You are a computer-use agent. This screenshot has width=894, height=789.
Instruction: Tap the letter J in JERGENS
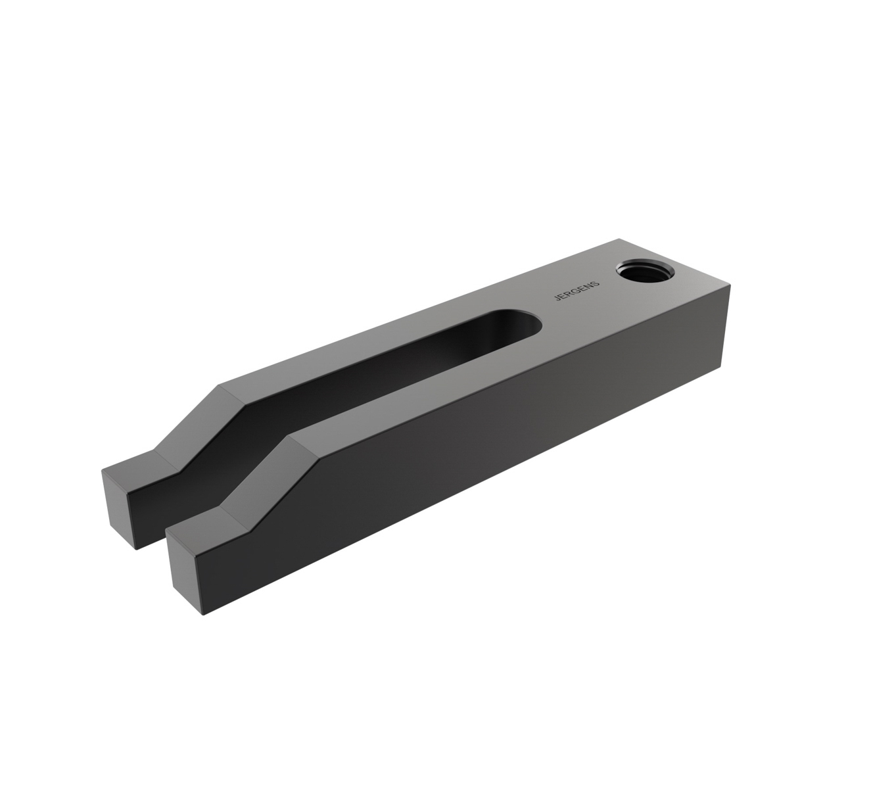(558, 300)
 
